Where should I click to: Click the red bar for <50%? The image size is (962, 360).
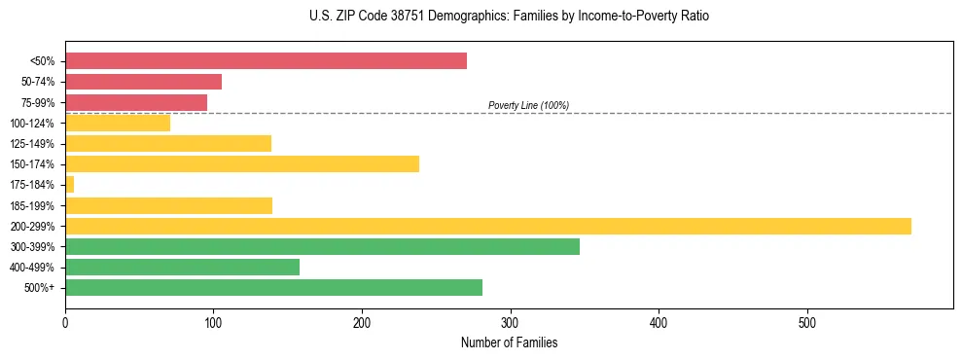pos(266,61)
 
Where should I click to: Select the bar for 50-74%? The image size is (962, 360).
pos(143,82)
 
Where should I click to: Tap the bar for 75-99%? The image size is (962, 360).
pos(136,102)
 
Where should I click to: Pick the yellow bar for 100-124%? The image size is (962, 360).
pos(118,123)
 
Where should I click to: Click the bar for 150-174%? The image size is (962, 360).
pos(242,164)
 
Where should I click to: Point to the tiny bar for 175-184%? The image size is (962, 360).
pos(69,185)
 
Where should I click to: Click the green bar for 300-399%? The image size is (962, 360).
pos(322,247)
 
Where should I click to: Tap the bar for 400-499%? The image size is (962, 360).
pos(182,268)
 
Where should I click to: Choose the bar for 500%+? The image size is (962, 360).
pos(273,288)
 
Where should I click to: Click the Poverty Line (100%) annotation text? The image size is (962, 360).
pos(528,105)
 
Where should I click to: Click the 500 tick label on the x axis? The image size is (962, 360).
pos(807,323)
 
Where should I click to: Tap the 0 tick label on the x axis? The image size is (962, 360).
pos(65,323)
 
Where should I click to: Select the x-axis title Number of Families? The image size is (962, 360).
pos(509,342)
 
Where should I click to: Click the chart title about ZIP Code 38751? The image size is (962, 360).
pos(509,17)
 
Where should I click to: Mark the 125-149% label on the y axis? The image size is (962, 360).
pos(32,144)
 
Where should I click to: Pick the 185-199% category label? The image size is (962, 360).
pos(32,206)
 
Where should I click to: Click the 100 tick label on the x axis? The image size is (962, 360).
pos(213,323)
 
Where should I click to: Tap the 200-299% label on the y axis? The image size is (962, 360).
pos(32,227)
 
